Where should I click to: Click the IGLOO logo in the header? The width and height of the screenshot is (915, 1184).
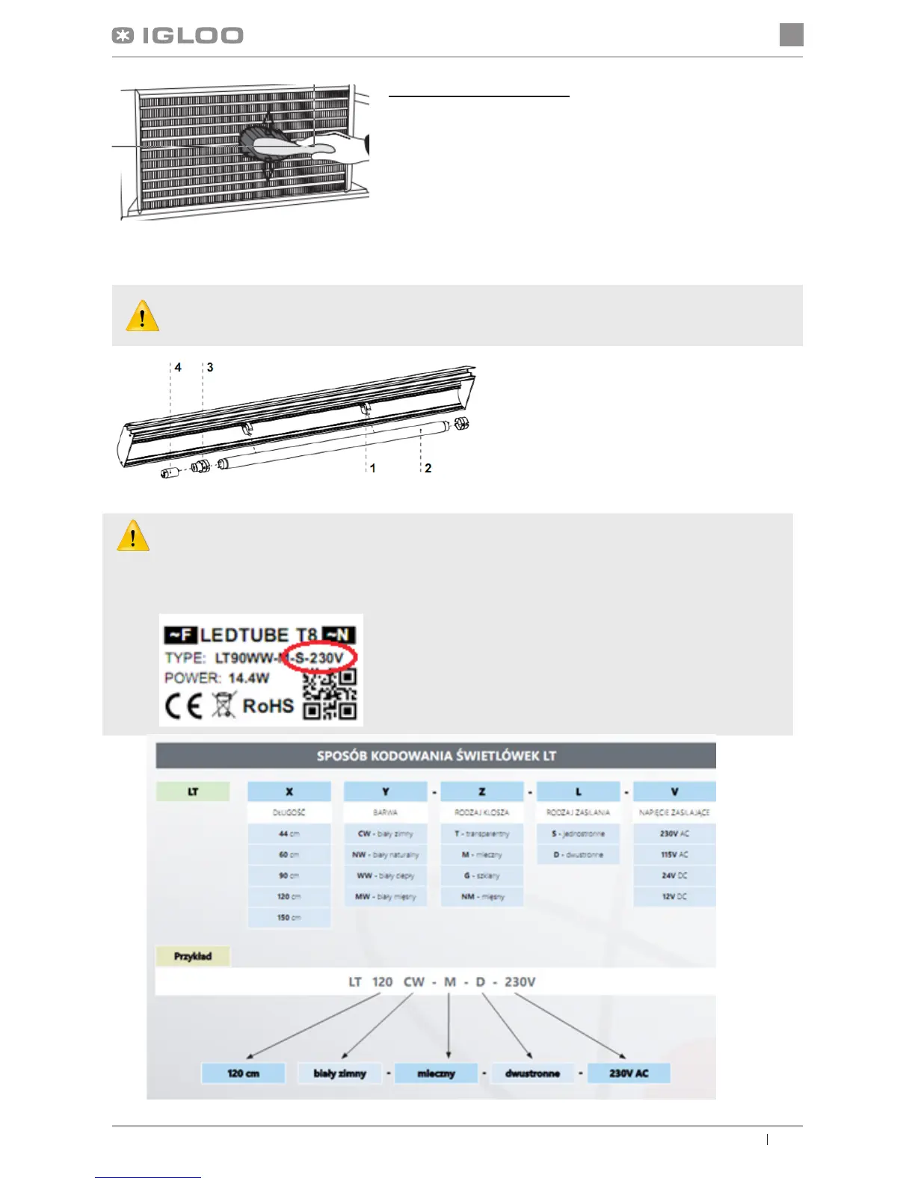pos(178,36)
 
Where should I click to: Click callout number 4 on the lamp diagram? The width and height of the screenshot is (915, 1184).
pos(178,367)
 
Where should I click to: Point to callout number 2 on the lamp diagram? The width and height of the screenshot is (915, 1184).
pos(428,468)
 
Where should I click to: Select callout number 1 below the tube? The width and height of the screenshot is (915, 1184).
pos(372,468)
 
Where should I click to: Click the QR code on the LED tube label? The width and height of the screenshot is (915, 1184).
pos(330,695)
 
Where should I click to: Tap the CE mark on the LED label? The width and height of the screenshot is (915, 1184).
pos(183,706)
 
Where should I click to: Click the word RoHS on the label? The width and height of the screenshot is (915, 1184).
pos(268,706)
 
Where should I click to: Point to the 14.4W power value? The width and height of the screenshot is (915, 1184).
pos(248,678)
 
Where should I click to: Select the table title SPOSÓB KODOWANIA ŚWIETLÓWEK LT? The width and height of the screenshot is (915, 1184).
pos(436,756)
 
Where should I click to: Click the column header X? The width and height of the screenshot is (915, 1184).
pos(289,792)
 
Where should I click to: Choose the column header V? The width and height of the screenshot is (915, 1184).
pos(674,792)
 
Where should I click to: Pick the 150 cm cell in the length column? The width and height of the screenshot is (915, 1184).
pos(289,917)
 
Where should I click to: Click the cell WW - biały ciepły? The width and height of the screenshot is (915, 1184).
pos(386,875)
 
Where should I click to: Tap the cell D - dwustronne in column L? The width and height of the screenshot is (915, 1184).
pos(578,854)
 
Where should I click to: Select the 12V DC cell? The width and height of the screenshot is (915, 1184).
pos(674,896)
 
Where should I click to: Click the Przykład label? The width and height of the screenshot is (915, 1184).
pos(193,956)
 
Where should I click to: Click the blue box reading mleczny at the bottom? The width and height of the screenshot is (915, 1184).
pos(436,1073)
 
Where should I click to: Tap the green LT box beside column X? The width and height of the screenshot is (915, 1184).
pos(193,792)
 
